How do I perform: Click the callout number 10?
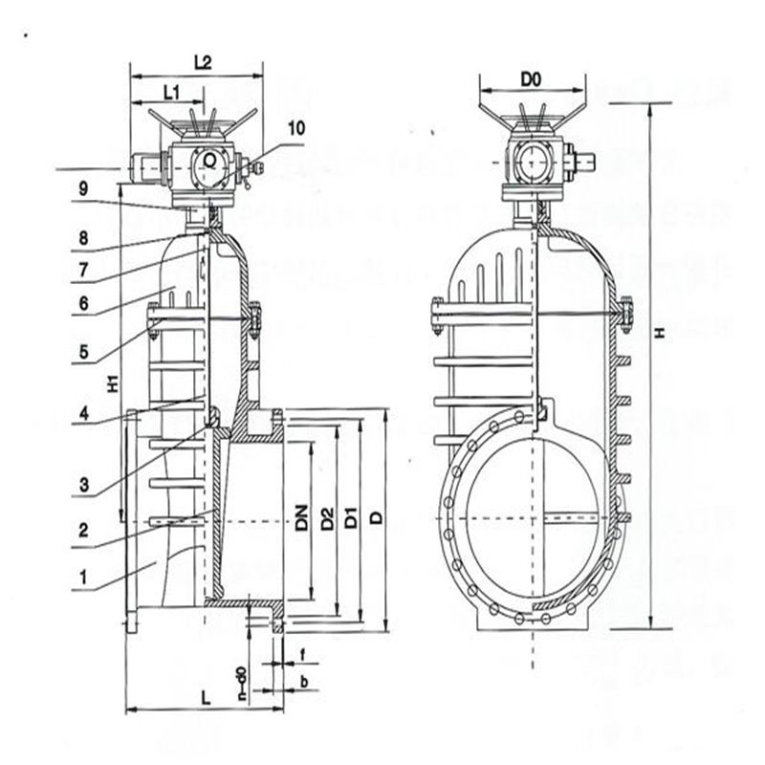[x=295, y=126]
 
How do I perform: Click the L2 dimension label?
[x=203, y=62]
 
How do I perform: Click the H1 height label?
[x=113, y=382]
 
